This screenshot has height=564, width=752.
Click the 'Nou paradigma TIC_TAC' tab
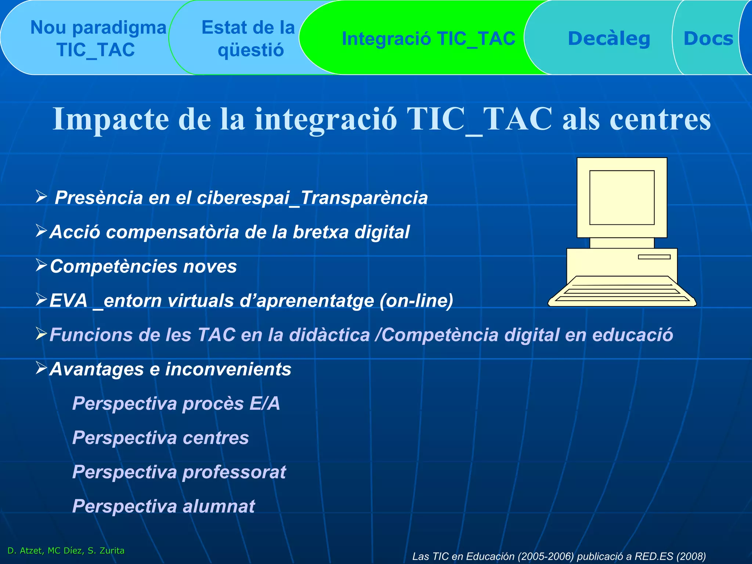coord(97,39)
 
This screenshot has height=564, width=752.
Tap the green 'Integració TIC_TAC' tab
coord(428,39)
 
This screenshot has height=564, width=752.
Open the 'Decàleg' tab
coord(609,39)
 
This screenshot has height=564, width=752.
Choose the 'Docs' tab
coord(708,39)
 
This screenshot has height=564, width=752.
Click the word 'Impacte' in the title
coord(111,119)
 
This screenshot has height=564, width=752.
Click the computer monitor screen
coord(622,197)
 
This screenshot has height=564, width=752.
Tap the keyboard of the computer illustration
coord(622,292)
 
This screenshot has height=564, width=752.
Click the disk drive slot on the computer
coord(654,257)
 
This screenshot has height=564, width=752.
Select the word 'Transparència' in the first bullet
coord(364,198)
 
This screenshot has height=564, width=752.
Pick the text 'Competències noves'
coord(143,266)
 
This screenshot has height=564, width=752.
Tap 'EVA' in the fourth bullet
coord(68,300)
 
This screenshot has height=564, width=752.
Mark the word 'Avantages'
coord(97,369)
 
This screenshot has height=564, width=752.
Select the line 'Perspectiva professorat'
coord(179,472)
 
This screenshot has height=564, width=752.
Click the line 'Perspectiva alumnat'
coord(163,506)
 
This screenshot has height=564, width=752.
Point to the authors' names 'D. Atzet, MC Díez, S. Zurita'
coord(66,550)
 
